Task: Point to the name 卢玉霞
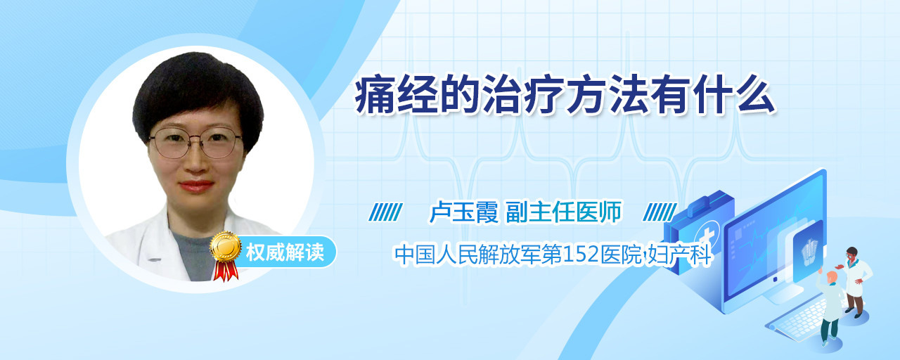(463, 212)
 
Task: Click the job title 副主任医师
(564, 212)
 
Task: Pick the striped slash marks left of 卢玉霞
(385, 212)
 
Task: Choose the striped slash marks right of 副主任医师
(660, 212)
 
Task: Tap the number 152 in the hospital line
(581, 255)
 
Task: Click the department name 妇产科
(679, 255)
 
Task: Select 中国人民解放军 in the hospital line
(468, 255)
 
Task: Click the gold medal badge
(226, 246)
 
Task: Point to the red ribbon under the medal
(226, 270)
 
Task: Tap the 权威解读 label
(285, 252)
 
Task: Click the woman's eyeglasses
(195, 143)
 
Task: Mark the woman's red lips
(196, 186)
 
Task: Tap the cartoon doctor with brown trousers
(855, 281)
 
